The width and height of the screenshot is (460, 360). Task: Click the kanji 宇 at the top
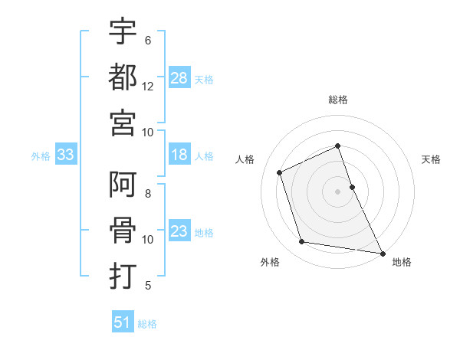coord(123,31)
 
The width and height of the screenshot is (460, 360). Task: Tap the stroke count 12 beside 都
coord(148,87)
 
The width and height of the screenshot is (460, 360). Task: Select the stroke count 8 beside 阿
coord(147,195)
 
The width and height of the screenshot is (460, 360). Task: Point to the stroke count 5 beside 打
coord(147,286)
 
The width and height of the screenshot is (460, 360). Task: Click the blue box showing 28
coord(179,78)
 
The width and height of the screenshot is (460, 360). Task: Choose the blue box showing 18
coord(179,155)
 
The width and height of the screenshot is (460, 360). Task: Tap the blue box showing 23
coord(179,231)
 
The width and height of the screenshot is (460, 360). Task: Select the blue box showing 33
coord(66,155)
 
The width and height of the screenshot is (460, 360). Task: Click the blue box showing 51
coord(123,322)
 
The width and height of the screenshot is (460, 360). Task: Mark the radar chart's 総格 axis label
coord(338,100)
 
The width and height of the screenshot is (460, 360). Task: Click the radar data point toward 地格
coord(382,252)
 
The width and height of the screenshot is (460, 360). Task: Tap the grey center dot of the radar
coord(338,191)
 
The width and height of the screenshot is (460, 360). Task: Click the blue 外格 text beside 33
coord(41,156)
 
